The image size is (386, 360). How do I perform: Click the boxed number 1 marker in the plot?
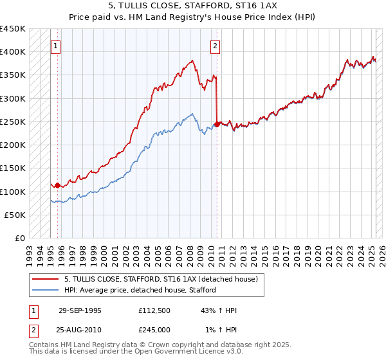57,46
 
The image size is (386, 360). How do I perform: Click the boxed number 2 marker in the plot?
214,46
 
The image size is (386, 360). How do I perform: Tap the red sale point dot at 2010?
217,125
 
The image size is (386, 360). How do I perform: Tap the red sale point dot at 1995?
57,186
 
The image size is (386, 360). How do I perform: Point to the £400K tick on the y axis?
13,52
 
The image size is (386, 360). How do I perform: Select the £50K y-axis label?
15,215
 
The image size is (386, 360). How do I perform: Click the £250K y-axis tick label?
13,122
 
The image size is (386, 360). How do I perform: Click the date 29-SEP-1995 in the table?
80,310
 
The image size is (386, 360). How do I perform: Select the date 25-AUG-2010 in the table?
80,330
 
